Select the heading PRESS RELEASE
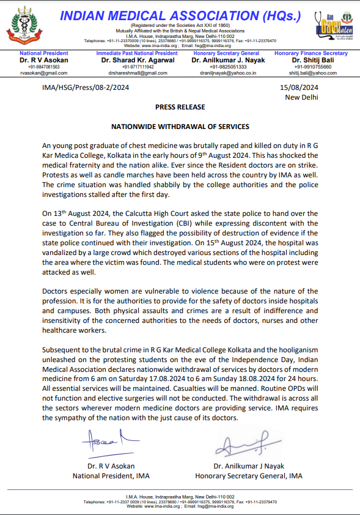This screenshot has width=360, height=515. pos(180,107)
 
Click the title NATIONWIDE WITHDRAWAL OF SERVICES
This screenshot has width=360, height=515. pos(180,127)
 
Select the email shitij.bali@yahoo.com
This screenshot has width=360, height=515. pos(313,73)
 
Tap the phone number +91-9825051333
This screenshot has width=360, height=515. pos(224,67)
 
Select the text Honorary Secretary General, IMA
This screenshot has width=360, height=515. pos(249,476)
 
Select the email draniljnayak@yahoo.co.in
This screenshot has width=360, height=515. pos(224,73)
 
